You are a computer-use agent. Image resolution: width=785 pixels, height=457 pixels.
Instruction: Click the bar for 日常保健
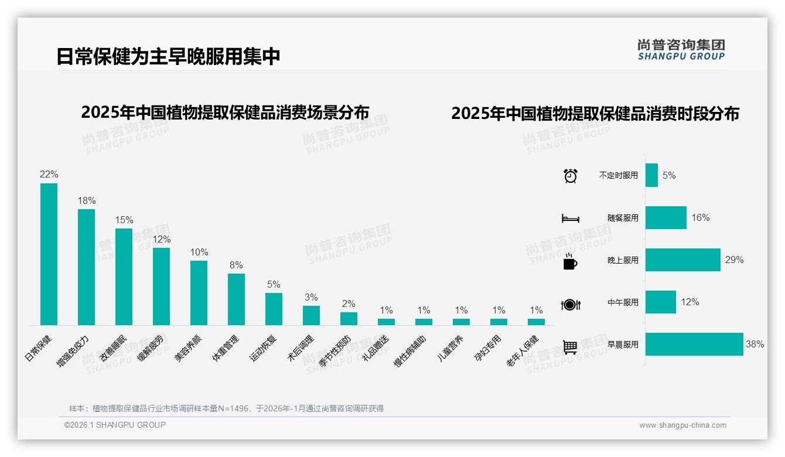point(49,254)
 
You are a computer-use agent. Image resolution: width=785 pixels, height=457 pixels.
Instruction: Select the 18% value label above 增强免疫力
point(87,201)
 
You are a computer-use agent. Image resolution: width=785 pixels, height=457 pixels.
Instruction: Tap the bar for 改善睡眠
point(124,277)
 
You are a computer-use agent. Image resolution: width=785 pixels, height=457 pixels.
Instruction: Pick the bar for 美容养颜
point(199,293)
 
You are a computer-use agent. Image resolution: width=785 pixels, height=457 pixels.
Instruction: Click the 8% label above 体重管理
point(236,265)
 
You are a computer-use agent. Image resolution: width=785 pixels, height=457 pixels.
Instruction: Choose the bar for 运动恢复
point(274,309)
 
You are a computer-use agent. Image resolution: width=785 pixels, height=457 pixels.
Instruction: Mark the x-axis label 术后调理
point(301,349)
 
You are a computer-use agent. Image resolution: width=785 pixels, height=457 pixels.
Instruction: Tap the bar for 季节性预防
point(349,319)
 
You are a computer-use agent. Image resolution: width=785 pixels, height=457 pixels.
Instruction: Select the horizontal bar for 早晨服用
point(694,345)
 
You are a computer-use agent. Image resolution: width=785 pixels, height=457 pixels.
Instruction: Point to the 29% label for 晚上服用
point(734,260)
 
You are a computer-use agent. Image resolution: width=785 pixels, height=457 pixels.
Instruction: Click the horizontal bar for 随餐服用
point(665,217)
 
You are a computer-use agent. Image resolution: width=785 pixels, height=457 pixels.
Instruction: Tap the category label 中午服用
point(623,303)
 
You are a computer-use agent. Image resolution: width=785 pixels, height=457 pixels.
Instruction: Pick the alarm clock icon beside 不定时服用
point(571,176)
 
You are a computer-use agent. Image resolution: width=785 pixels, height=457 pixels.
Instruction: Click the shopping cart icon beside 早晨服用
point(570,347)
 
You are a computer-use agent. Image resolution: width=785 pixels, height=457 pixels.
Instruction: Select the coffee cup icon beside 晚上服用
point(570,261)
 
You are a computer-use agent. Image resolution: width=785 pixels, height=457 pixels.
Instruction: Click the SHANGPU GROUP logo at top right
point(681,50)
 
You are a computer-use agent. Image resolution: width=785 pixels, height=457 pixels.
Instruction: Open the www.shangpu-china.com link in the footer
point(682,425)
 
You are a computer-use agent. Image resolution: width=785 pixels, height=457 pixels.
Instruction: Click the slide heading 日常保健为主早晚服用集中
point(168,57)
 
